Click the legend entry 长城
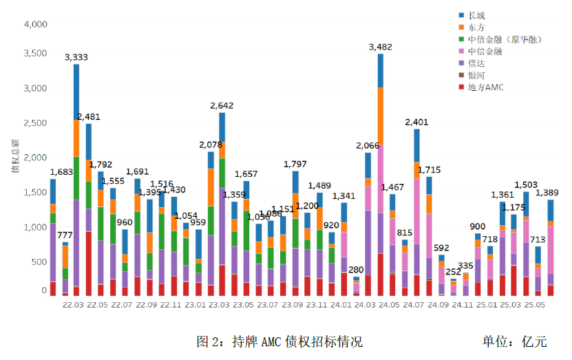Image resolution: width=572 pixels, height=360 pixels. click(475, 15)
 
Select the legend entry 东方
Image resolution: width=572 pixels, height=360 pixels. click(475, 28)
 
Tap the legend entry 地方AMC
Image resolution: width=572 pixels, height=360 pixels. click(485, 87)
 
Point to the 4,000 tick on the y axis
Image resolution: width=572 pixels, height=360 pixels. click(35, 24)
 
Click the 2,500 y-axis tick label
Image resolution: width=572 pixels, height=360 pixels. click(35, 123)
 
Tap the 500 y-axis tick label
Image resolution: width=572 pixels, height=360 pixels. click(39, 262)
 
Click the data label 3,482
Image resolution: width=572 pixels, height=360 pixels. click(381, 47)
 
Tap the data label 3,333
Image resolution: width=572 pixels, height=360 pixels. click(76, 57)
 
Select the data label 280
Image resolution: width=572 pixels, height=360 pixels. click(356, 269)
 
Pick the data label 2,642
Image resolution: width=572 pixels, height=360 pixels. click(222, 105)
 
